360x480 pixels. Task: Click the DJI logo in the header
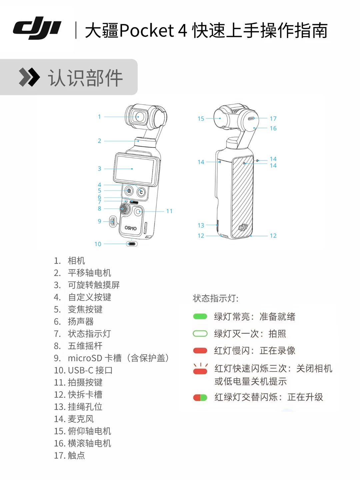[37, 28]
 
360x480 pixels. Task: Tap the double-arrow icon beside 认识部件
[29, 77]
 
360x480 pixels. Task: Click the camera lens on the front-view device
[138, 117]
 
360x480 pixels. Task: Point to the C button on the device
[141, 192]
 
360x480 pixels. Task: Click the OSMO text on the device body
[131, 228]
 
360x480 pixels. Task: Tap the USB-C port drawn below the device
[132, 244]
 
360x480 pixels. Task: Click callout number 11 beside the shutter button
[169, 211]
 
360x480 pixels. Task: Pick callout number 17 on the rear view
[273, 119]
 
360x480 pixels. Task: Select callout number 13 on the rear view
[201, 225]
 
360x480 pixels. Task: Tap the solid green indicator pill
[200, 316]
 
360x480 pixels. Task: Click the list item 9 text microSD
[85, 358]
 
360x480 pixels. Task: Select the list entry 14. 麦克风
[74, 419]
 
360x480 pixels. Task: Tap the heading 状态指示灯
[216, 298]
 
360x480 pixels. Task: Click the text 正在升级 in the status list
[305, 397]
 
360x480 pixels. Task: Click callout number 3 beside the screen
[99, 169]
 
